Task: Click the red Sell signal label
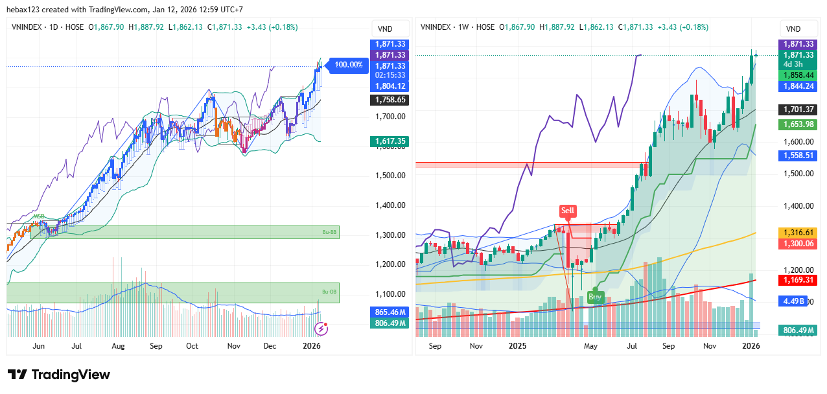click(568, 211)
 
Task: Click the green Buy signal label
click(594, 297)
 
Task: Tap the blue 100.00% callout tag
click(349, 65)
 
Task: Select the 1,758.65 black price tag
click(389, 100)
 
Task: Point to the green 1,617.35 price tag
click(389, 141)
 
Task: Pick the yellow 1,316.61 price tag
click(797, 232)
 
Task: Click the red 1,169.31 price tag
click(797, 280)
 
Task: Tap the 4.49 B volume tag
click(794, 301)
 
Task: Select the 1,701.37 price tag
click(797, 110)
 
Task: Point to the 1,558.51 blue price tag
click(797, 156)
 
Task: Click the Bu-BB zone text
click(330, 231)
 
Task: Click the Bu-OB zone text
click(330, 292)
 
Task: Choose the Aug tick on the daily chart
click(118, 346)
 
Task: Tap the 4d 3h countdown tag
click(793, 64)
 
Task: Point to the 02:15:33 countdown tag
click(389, 75)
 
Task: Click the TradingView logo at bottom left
click(59, 375)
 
